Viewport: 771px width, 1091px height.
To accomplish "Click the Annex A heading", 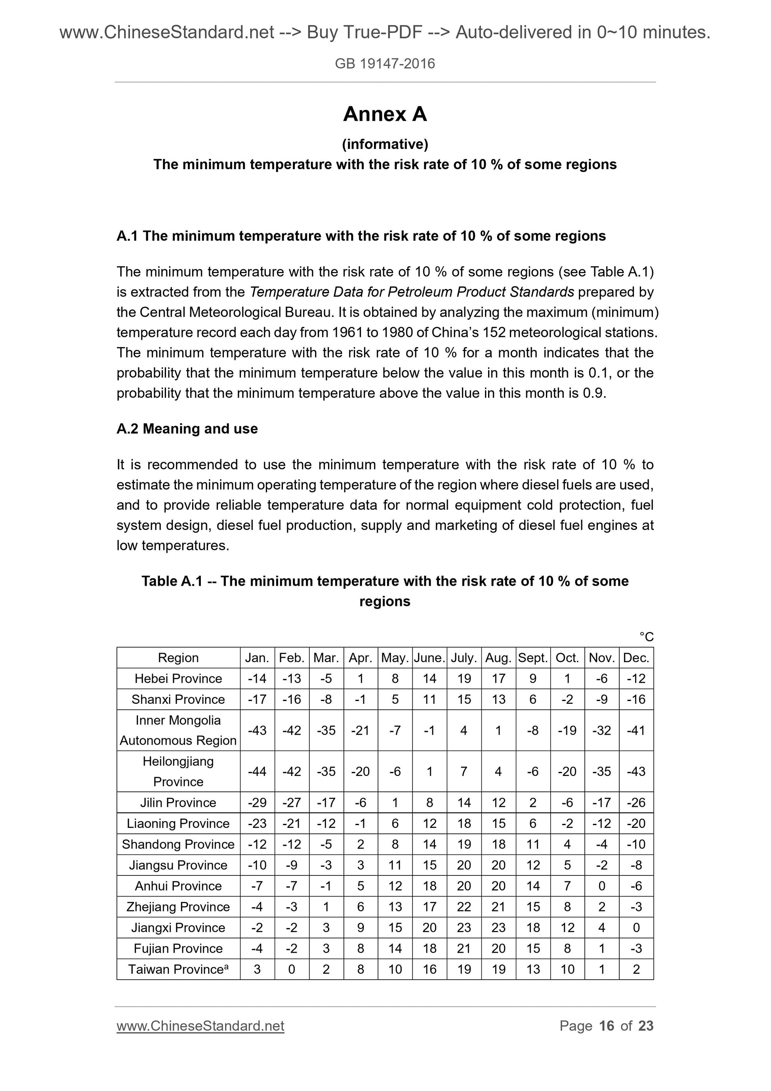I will pyautogui.click(x=385, y=114).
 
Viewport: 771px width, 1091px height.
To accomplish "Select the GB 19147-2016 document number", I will pyautogui.click(x=385, y=64).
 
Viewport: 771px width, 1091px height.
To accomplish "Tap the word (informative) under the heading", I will pyautogui.click(x=385, y=144).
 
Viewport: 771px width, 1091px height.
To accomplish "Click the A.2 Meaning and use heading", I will pyautogui.click(x=187, y=429).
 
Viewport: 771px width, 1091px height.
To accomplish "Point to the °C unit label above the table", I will pyautogui.click(x=646, y=637).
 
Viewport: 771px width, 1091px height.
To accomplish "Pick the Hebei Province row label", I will pyautogui.click(x=178, y=678).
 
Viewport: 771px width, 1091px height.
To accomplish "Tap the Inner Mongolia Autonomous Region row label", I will pyautogui.click(x=178, y=730).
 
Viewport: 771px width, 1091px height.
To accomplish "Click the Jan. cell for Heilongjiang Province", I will pyautogui.click(x=257, y=771).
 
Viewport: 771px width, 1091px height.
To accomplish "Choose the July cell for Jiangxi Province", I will pyautogui.click(x=464, y=928).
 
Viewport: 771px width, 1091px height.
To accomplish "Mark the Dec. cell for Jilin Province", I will pyautogui.click(x=636, y=802).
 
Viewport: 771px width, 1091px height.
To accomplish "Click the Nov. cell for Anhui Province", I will pyautogui.click(x=601, y=886).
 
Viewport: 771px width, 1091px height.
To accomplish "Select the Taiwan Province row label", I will pyautogui.click(x=178, y=969).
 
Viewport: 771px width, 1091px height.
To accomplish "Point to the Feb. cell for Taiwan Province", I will pyautogui.click(x=292, y=969).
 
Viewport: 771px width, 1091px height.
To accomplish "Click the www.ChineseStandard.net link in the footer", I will pyautogui.click(x=200, y=1026).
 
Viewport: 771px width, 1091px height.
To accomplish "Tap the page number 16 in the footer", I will pyautogui.click(x=607, y=1026).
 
